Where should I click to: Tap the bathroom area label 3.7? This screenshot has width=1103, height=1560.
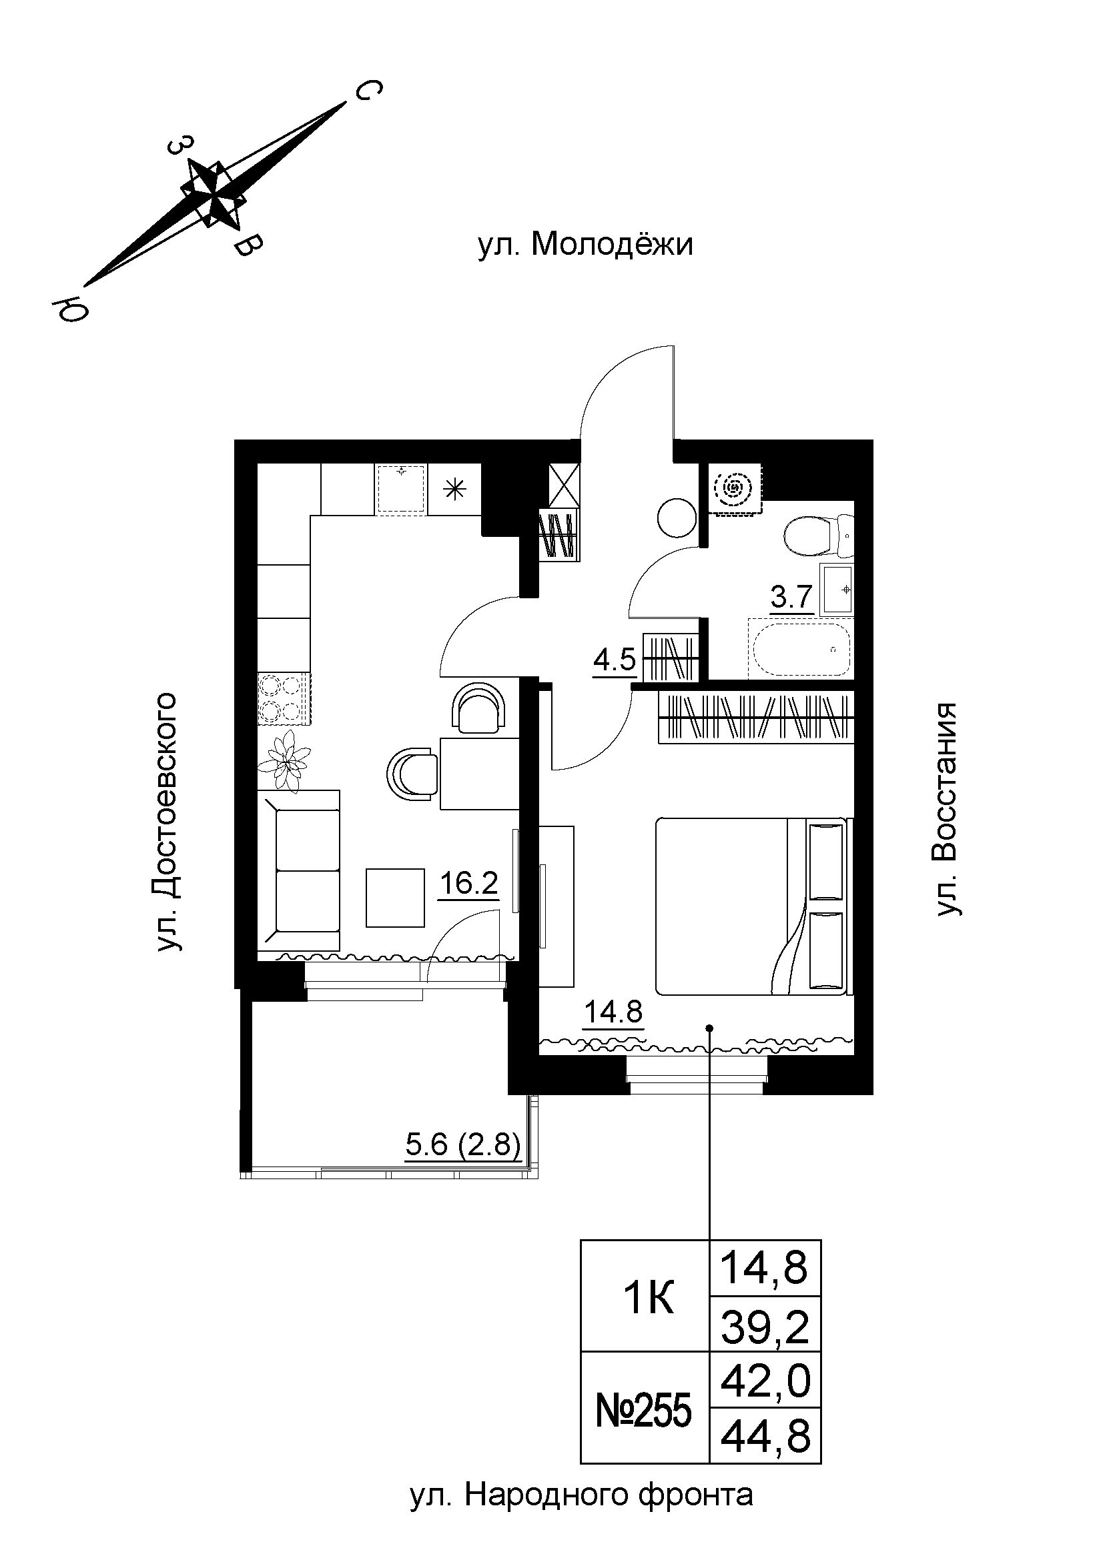pos(792,597)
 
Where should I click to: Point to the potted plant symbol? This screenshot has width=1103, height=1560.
pos(286,761)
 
